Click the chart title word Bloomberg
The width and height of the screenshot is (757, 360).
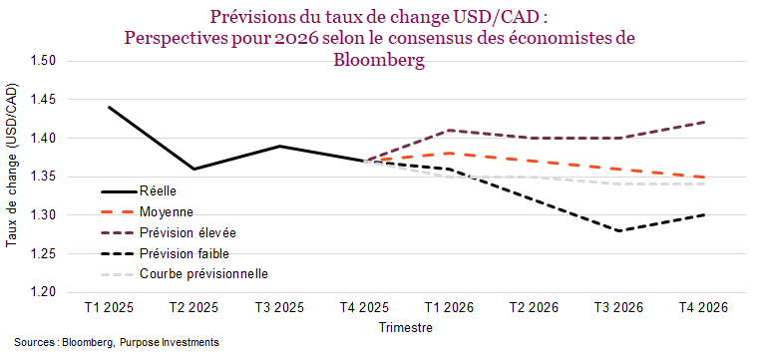378,60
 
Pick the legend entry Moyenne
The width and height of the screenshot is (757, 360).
166,211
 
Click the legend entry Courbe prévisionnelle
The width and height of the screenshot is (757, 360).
203,274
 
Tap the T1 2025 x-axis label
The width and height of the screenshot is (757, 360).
110,308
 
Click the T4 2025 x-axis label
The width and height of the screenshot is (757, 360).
363,308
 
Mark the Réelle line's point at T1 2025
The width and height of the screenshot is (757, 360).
110,107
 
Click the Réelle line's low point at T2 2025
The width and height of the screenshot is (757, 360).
194,169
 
